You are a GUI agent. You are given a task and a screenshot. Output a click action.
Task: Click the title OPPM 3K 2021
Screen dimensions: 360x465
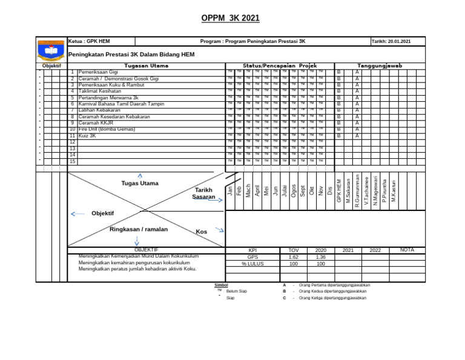pos(230,18)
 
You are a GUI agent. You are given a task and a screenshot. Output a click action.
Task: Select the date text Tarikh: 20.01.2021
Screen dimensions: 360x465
pos(391,41)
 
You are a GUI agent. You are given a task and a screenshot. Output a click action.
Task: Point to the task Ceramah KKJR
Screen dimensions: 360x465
pos(96,123)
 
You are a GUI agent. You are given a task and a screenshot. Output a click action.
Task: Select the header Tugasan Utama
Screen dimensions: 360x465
pos(146,65)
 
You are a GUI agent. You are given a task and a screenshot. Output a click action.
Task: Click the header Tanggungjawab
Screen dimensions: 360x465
pos(380,65)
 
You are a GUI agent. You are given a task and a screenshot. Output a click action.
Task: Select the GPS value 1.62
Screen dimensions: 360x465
pos(293,257)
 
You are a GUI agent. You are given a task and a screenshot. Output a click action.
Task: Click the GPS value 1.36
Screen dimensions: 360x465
pos(321,257)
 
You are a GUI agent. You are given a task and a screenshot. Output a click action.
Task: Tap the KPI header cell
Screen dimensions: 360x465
pos(252,250)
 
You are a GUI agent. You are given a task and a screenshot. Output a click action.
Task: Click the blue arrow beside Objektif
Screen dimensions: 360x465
pos(77,214)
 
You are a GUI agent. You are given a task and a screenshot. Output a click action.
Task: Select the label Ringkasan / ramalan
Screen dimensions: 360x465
pos(139,229)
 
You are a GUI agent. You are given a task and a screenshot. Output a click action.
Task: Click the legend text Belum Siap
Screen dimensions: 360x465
pos(237,292)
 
